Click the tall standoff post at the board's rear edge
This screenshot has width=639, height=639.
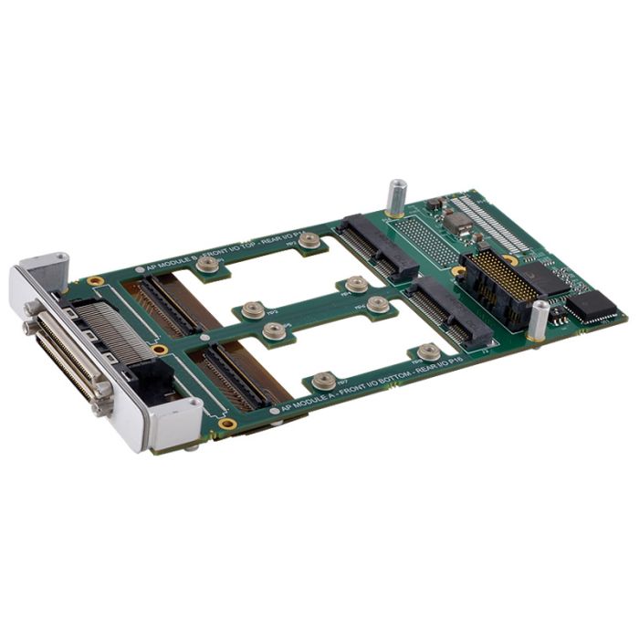[397, 198]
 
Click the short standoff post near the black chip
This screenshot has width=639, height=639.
[539, 320]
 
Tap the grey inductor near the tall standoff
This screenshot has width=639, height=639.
[458, 225]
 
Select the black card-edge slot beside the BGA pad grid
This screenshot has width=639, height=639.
[378, 246]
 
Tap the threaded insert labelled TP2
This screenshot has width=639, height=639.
[310, 240]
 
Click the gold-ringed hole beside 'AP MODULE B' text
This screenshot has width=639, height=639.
[95, 281]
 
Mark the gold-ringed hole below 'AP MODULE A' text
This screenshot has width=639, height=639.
[227, 424]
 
